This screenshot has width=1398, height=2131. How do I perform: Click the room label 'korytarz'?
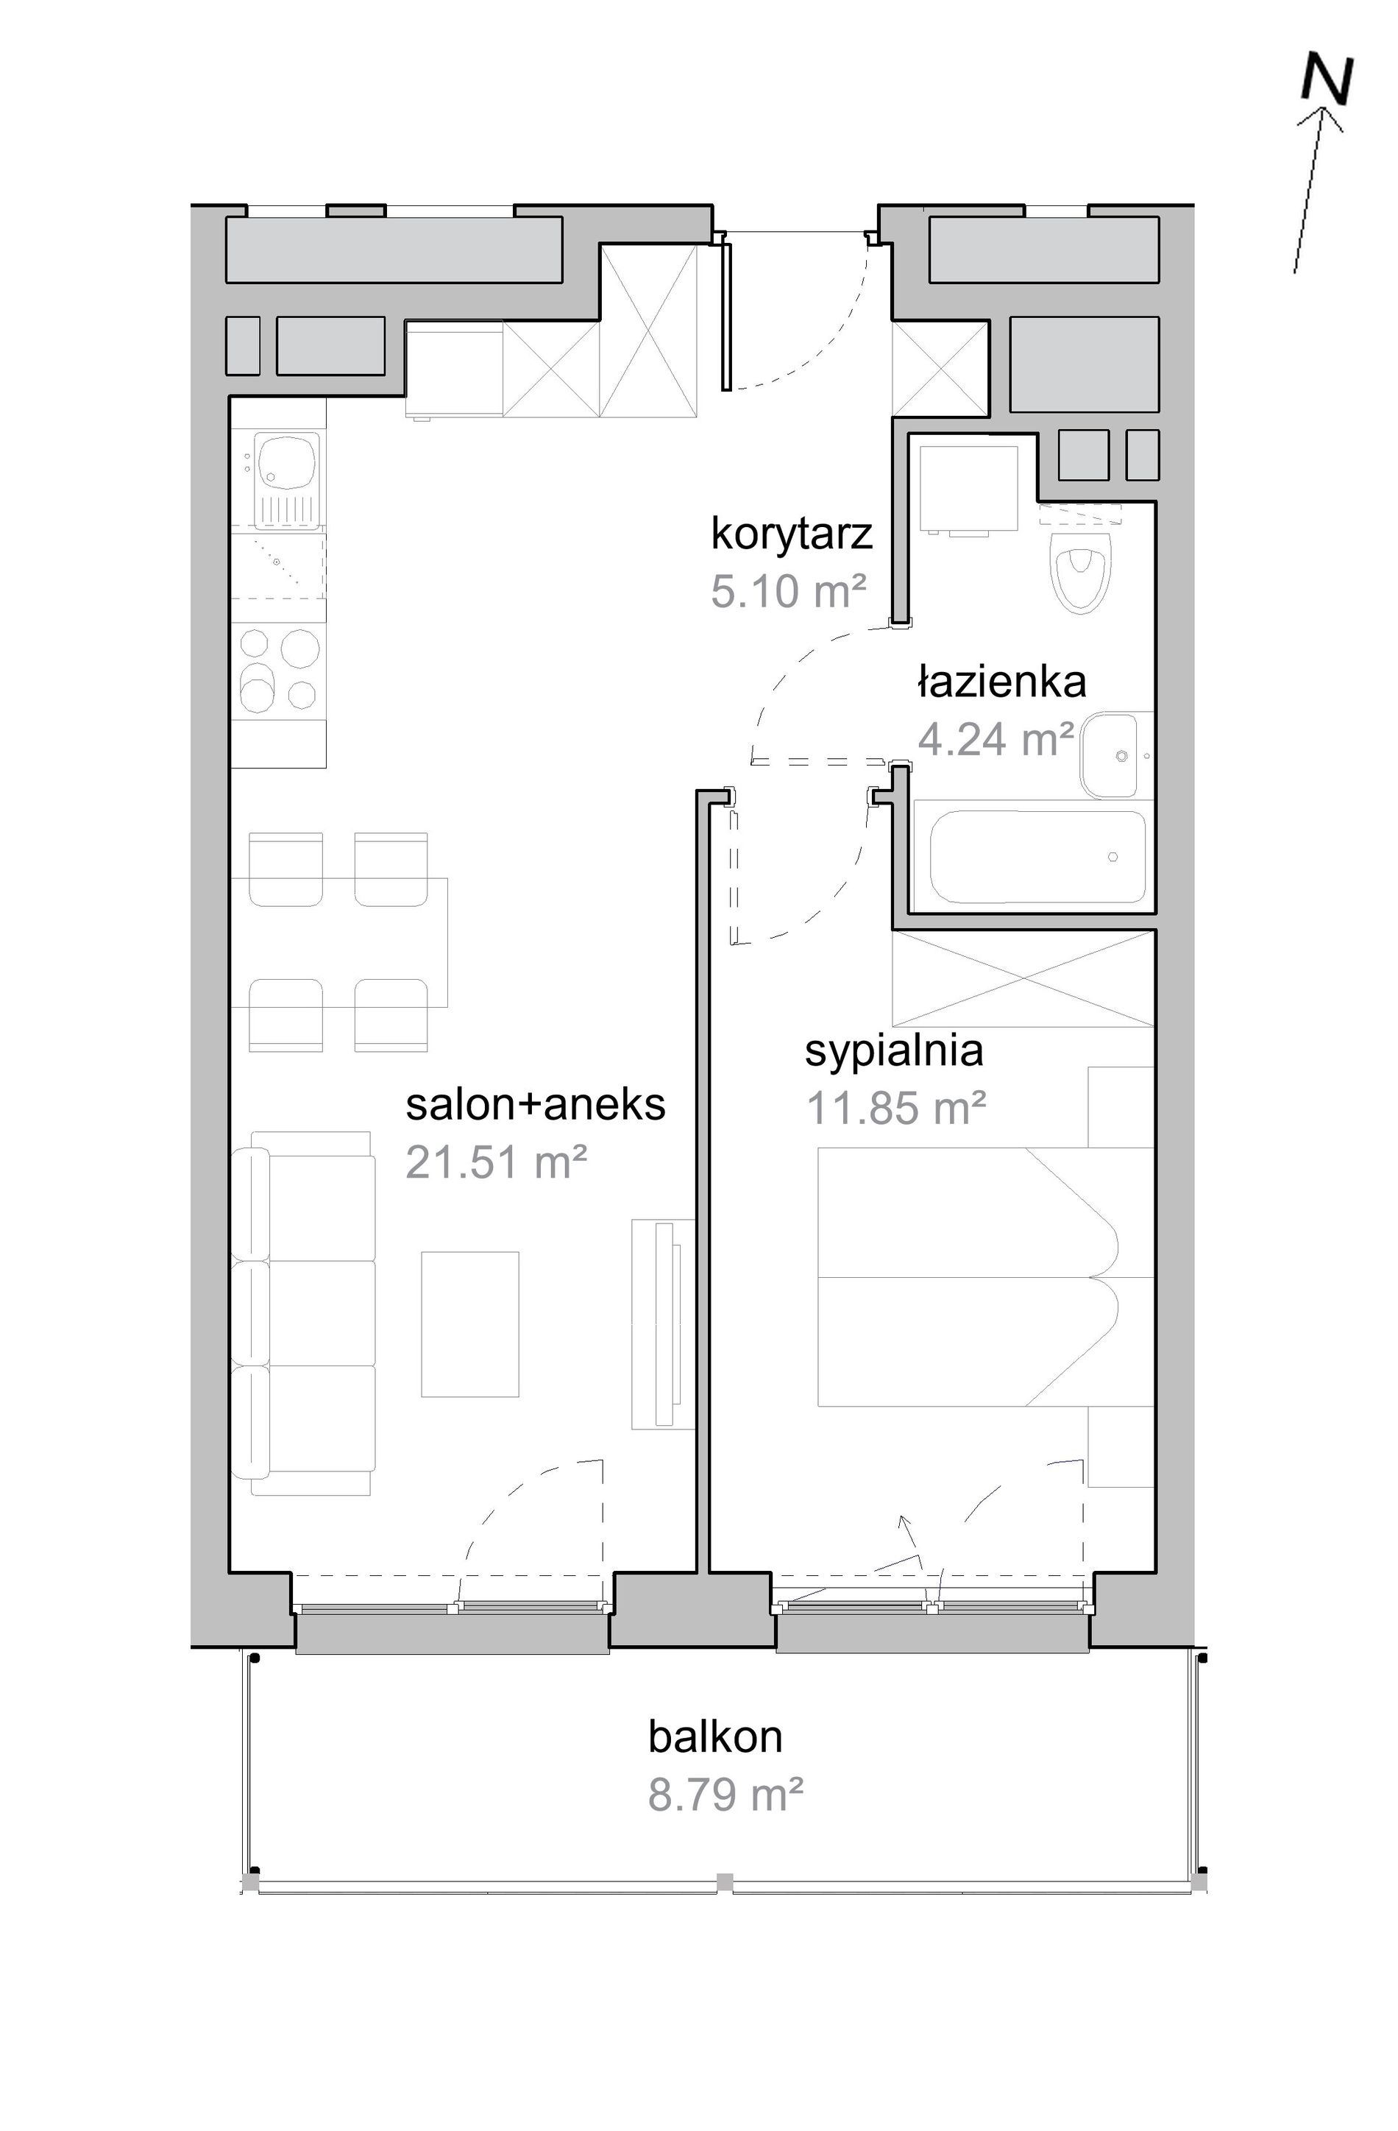791,534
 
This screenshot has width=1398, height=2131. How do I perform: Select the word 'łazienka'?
1001,682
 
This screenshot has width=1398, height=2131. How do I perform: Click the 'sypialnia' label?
893,1051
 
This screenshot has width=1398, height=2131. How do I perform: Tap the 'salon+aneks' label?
535,1105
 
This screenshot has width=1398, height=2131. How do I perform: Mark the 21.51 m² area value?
496,1162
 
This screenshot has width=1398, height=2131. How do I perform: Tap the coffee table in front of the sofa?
470,1324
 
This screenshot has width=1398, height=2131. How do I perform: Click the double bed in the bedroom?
985,1277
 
